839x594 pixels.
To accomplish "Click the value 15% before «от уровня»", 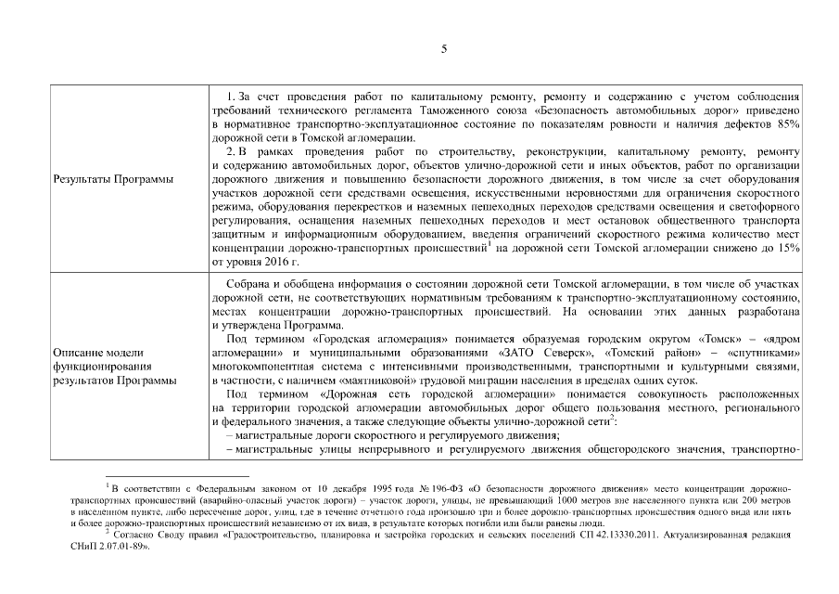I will (787, 249).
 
